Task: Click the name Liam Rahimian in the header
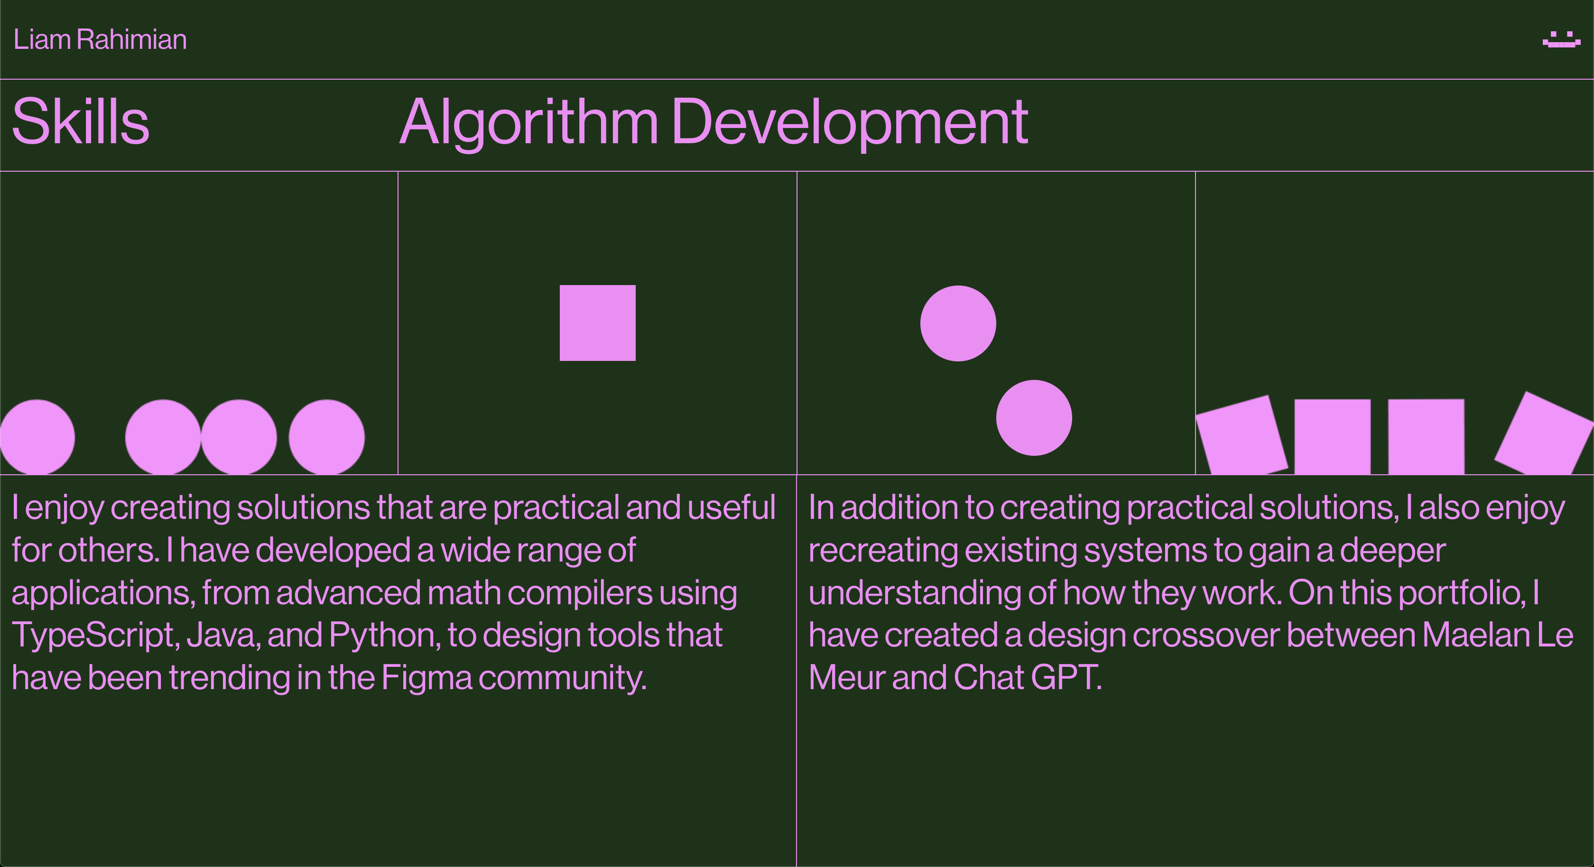[x=100, y=40]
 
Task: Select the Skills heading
[x=81, y=121]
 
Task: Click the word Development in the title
[x=850, y=124]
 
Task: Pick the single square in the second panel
[x=598, y=323]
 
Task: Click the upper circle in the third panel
[x=958, y=323]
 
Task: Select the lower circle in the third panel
[x=1034, y=418]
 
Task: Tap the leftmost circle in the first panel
[x=37, y=437]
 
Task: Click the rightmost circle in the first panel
[x=327, y=437]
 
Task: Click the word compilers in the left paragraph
[x=580, y=593]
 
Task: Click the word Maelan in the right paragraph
[x=1476, y=636]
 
